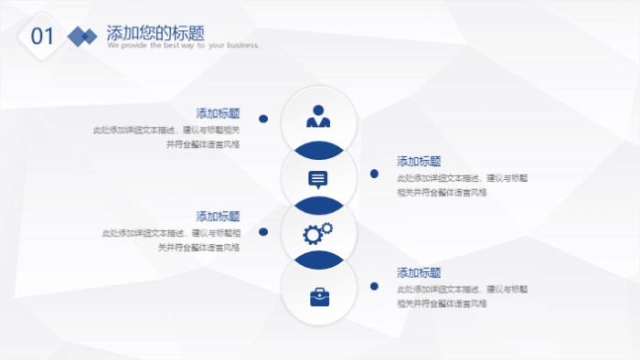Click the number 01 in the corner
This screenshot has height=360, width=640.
42,37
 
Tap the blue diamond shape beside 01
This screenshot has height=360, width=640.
83,37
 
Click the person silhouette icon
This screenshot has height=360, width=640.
318,117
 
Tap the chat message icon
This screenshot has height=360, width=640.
318,178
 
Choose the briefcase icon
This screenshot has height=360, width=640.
319,296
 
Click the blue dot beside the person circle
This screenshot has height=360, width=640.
263,118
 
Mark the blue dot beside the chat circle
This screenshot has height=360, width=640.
374,174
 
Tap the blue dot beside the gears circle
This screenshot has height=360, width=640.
263,232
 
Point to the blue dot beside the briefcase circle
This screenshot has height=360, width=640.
374,286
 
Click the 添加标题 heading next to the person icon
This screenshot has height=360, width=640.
218,113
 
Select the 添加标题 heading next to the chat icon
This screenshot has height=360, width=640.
419,161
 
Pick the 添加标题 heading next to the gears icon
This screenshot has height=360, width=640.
218,217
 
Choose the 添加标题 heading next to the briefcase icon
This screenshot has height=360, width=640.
419,272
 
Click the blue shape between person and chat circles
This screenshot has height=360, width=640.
318,148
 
